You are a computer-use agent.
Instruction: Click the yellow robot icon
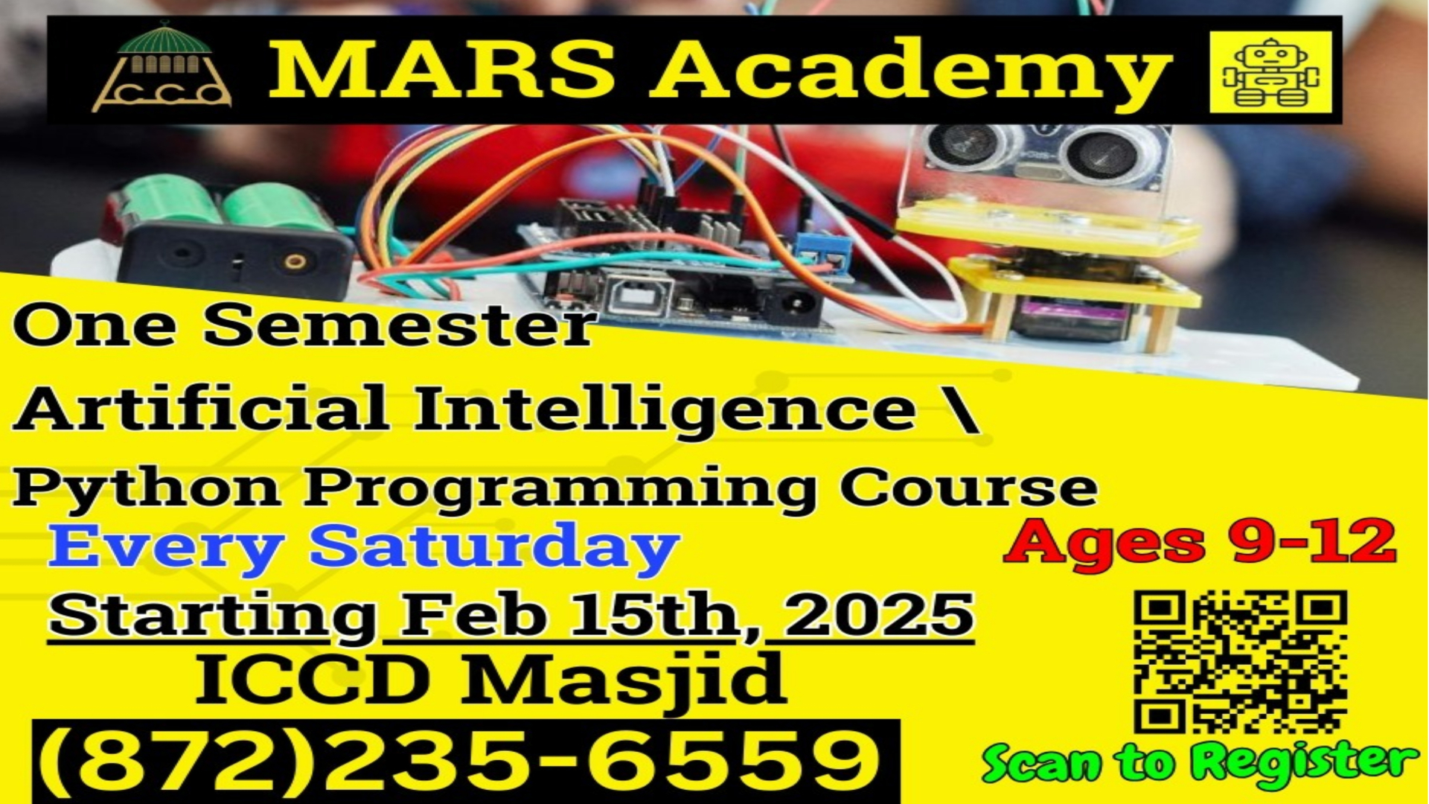click(1270, 72)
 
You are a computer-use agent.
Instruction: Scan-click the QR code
click(1241, 662)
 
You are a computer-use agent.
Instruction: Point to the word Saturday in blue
click(494, 549)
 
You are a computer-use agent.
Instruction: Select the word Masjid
click(624, 680)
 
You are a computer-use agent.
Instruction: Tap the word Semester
click(400, 325)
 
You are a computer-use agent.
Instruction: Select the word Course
click(968, 488)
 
